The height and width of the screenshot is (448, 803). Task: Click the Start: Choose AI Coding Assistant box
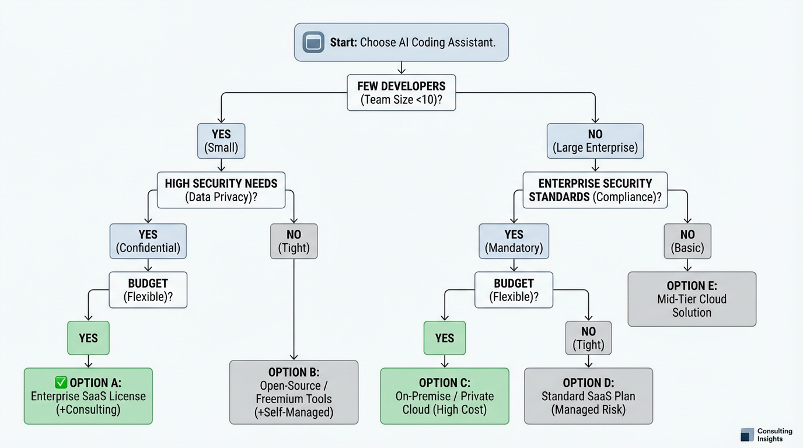(401, 42)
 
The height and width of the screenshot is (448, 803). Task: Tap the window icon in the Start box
(313, 43)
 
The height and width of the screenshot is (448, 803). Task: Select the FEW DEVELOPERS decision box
(401, 92)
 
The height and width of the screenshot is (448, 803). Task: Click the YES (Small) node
(221, 141)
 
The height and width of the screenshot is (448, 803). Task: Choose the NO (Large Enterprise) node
(595, 141)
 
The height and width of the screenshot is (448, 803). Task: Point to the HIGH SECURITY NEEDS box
(221, 190)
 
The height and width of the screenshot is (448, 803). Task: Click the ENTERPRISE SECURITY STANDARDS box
(595, 190)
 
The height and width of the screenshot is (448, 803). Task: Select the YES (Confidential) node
(148, 241)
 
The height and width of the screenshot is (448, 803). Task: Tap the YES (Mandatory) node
(514, 241)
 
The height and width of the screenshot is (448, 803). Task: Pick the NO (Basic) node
(687, 241)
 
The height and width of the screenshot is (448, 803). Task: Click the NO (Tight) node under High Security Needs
(294, 241)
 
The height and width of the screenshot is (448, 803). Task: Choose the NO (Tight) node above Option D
(589, 338)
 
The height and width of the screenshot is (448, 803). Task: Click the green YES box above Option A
(88, 338)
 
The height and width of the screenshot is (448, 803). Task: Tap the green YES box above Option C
(445, 338)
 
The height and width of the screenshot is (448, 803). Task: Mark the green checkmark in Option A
(61, 383)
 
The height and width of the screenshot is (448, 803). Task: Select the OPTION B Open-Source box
(294, 392)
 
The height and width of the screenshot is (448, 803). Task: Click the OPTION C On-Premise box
(445, 395)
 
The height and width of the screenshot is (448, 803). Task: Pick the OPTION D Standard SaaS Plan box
(588, 395)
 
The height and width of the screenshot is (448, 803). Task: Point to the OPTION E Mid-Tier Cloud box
(692, 299)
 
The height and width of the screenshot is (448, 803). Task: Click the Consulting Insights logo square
(747, 435)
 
